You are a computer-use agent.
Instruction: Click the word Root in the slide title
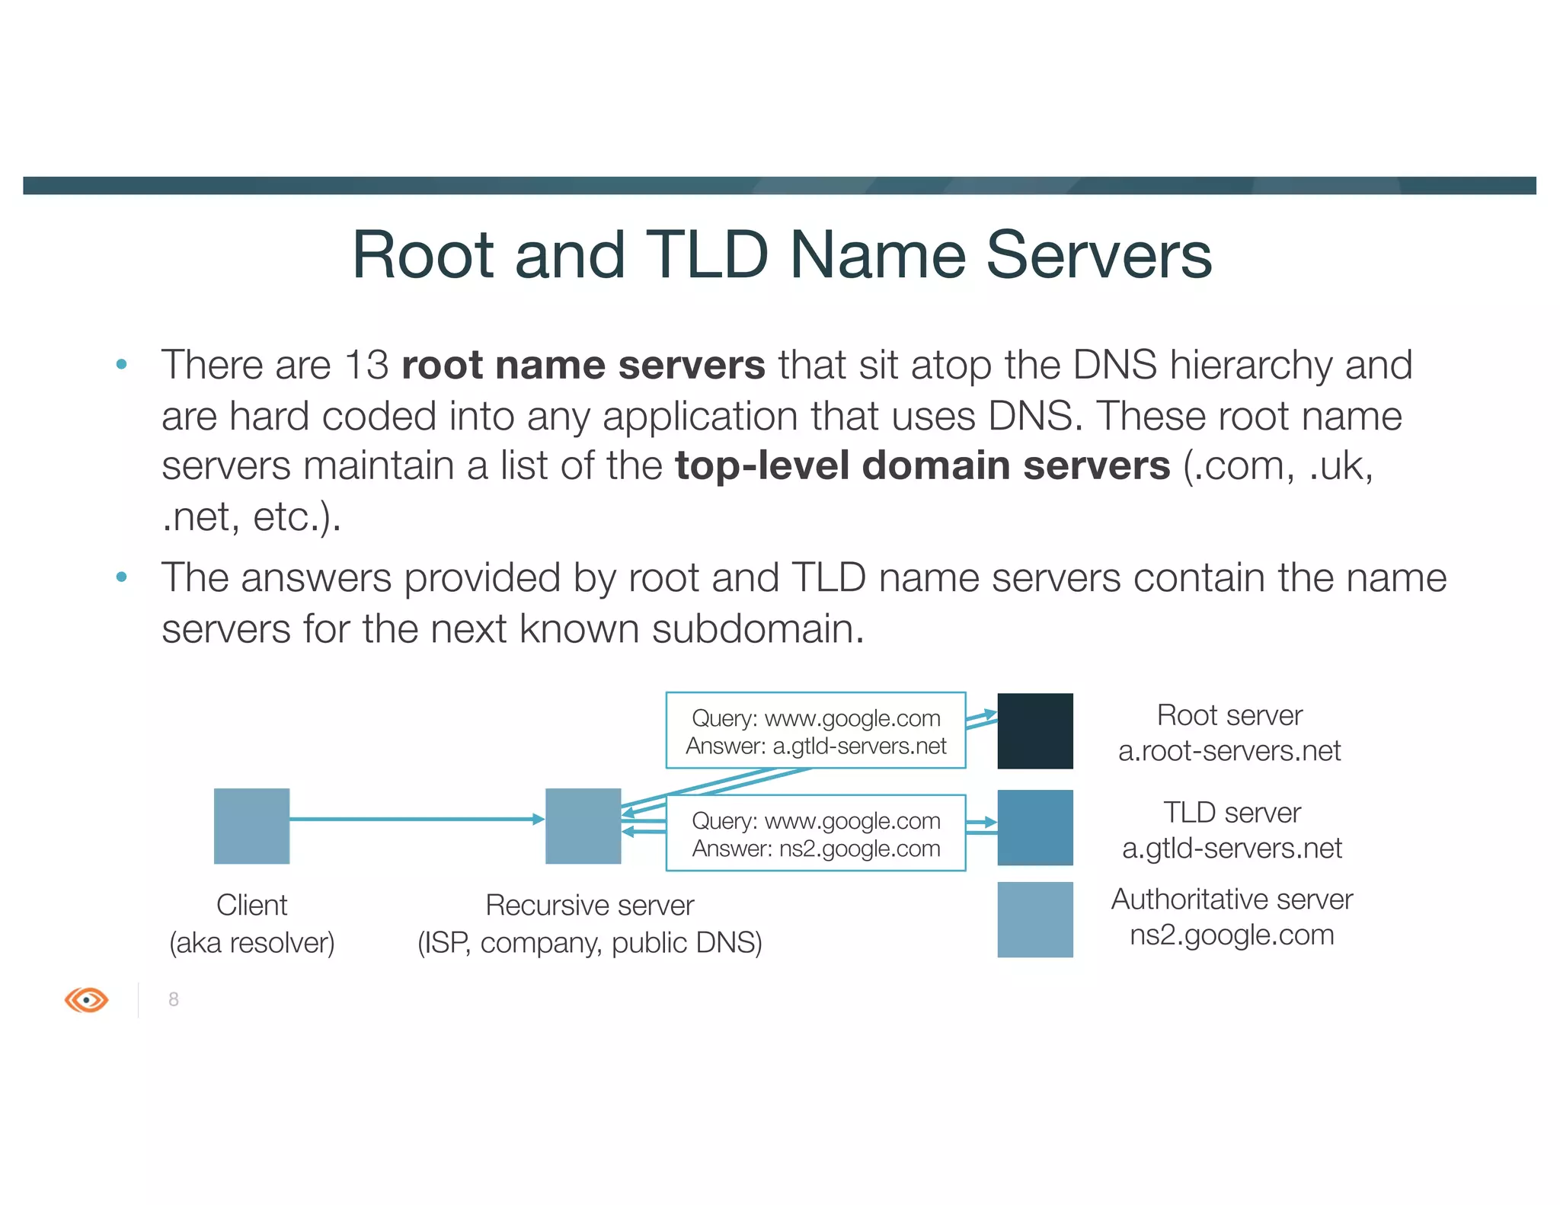click(422, 256)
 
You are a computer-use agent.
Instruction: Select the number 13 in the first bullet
click(366, 365)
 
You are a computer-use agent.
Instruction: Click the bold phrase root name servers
click(583, 365)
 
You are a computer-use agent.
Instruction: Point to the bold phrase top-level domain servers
click(922, 465)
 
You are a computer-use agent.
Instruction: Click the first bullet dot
click(121, 365)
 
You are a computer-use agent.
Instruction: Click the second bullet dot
click(121, 577)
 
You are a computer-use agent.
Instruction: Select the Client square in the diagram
click(251, 826)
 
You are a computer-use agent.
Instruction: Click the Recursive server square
click(583, 826)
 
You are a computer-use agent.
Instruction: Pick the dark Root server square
click(1034, 730)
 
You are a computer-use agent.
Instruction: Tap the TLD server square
click(1034, 827)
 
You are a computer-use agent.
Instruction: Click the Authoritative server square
click(1034, 919)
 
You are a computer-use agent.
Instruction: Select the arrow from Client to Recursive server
click(416, 819)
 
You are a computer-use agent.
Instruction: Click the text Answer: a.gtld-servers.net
click(816, 746)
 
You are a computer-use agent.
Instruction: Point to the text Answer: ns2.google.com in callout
click(816, 849)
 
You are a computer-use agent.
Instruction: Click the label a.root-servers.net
click(1229, 751)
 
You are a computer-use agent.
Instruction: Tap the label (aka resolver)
click(251, 943)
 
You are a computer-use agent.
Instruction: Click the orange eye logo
click(86, 999)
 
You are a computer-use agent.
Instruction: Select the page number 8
click(174, 999)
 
